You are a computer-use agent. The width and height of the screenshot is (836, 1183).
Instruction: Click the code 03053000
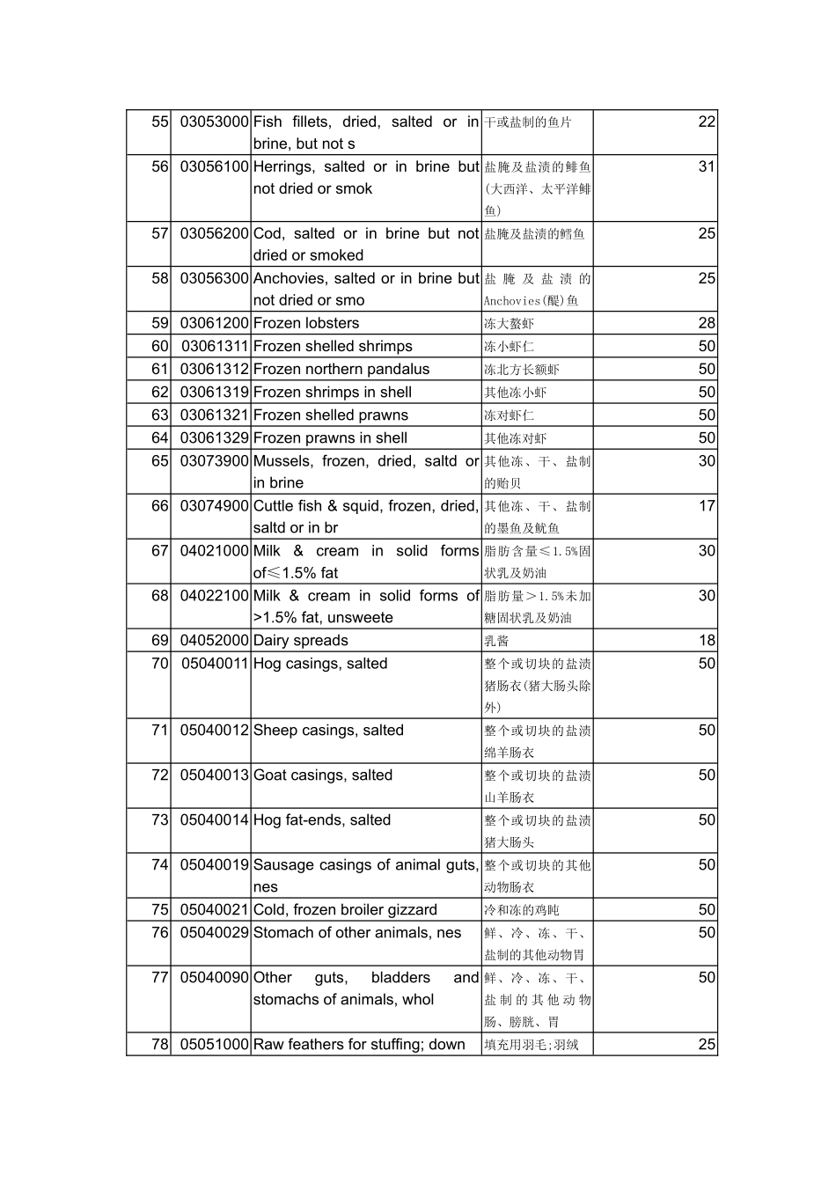coord(214,121)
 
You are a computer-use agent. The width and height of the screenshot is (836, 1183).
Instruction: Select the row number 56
coord(159,166)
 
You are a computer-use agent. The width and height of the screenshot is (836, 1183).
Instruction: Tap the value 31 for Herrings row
coord(707,166)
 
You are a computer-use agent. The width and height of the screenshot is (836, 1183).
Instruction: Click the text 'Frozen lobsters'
coord(305,323)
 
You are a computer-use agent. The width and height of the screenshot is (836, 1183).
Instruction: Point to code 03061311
coord(215,346)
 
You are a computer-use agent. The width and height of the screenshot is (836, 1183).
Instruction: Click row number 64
coord(159,437)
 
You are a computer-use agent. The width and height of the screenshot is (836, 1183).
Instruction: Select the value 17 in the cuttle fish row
coord(707,506)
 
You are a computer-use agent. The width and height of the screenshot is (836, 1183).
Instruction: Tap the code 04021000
coord(214,551)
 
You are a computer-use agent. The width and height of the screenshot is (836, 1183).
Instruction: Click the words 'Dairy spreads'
coord(300,641)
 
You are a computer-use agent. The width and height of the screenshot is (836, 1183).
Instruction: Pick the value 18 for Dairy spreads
coord(707,641)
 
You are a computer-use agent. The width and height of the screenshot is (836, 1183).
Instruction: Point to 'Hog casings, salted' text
coord(319,664)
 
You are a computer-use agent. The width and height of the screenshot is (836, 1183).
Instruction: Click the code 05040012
coord(214,731)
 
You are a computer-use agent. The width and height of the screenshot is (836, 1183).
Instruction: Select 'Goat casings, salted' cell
coord(322,775)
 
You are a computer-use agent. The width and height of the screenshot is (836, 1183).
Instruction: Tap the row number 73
coord(159,820)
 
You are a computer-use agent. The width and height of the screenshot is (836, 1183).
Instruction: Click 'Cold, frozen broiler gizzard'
coord(344,910)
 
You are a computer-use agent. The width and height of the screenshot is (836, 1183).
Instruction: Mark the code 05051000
coord(214,1045)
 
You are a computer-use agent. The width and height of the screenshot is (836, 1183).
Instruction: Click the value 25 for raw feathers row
coord(707,1045)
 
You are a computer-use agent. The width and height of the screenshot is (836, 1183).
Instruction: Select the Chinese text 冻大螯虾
coord(509,324)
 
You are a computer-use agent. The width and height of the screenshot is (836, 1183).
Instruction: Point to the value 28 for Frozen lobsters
coord(707,323)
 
